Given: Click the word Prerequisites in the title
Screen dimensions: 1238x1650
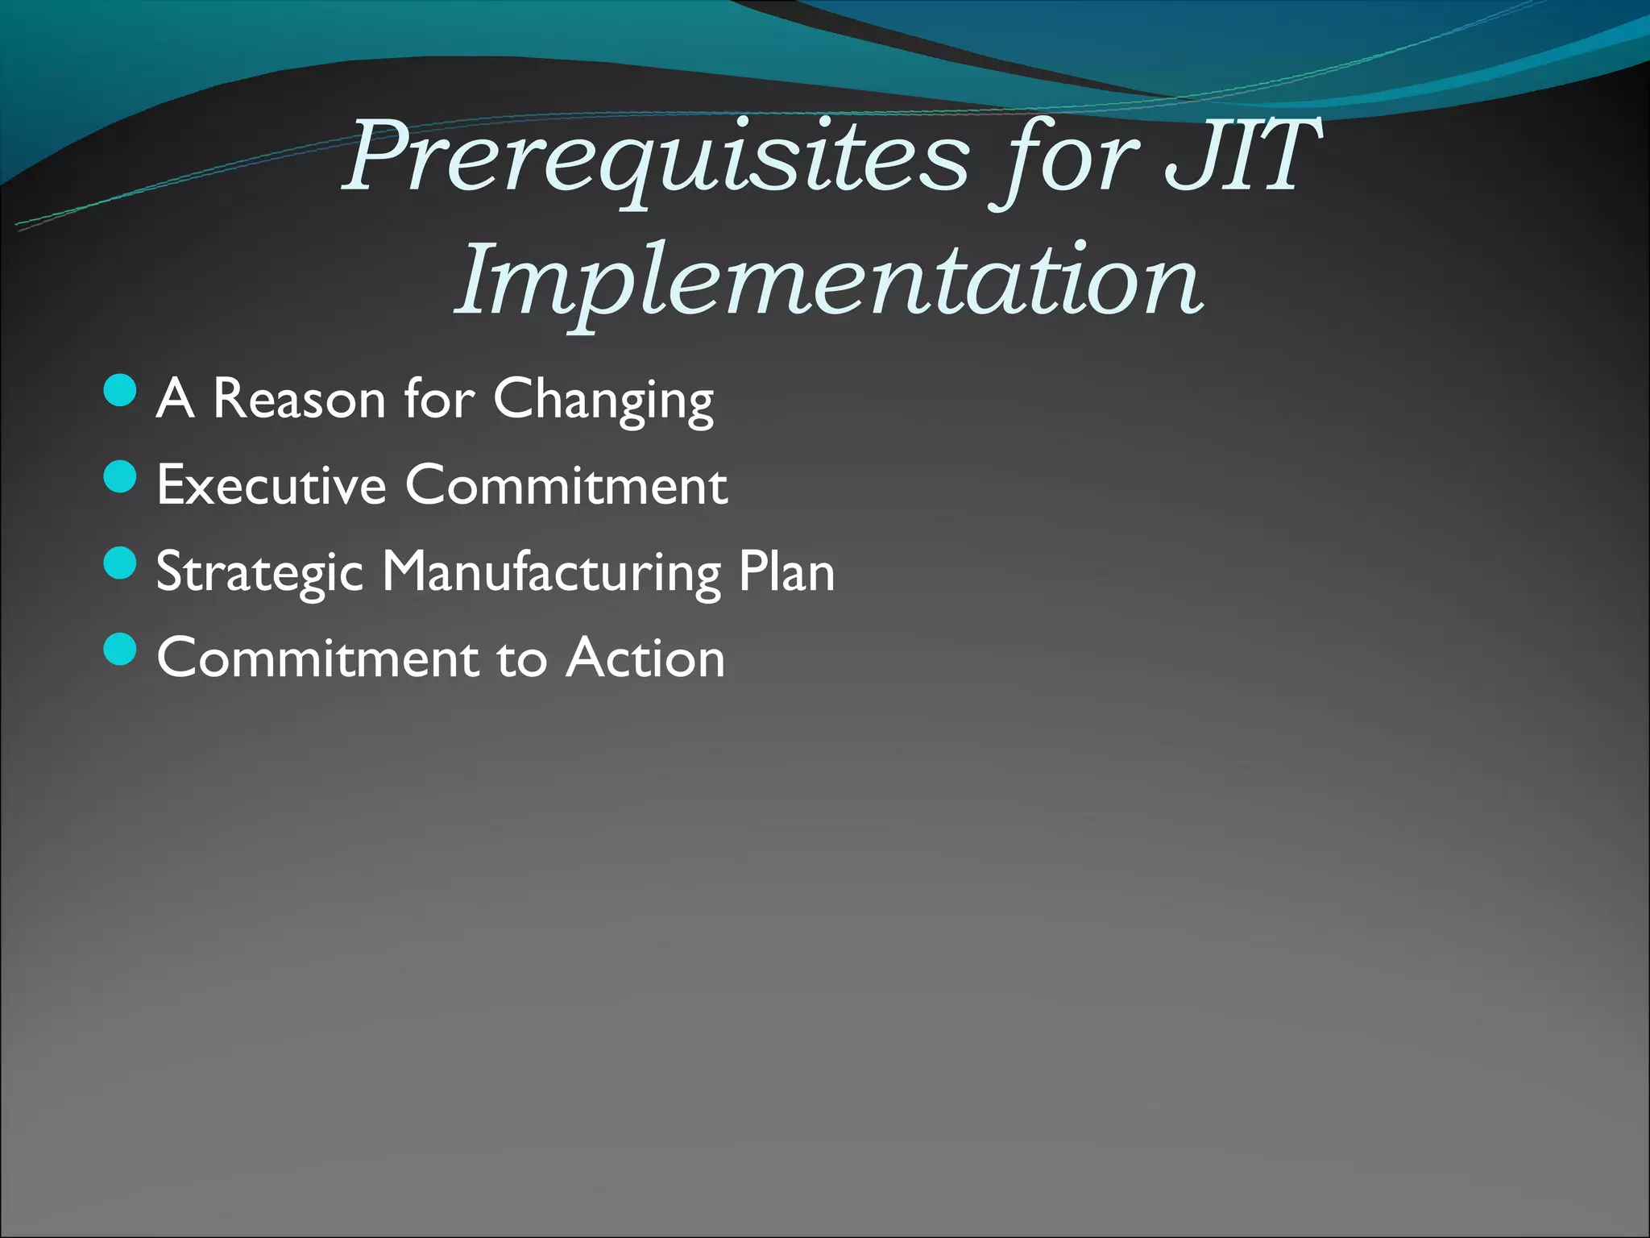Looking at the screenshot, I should pyautogui.click(x=657, y=157).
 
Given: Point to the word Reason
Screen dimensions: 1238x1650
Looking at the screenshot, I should pyautogui.click(x=299, y=399).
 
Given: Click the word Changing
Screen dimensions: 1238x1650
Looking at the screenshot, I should pyautogui.click(x=603, y=401).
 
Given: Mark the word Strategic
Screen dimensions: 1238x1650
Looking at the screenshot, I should pyautogui.click(x=259, y=573).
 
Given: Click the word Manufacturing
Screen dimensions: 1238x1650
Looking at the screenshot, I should pyautogui.click(x=551, y=573).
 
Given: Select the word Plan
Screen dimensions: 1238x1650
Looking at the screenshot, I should pyautogui.click(x=786, y=571).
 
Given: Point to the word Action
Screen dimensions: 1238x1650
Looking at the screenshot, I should pyautogui.click(x=645, y=658).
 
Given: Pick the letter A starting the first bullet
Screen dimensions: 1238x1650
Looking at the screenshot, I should pyautogui.click(x=175, y=399).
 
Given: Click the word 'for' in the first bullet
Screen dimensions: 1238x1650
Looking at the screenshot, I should pyautogui.click(x=439, y=399).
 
